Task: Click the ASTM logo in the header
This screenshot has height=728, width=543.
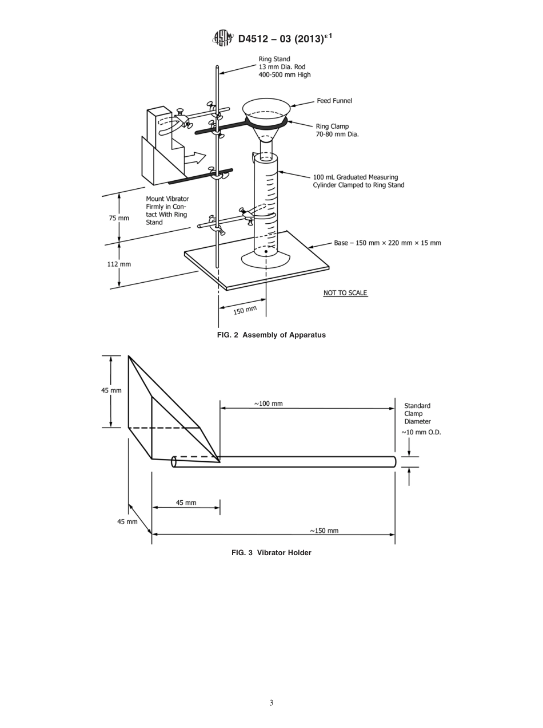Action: click(x=223, y=38)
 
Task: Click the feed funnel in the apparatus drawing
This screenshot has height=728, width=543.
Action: click(x=266, y=112)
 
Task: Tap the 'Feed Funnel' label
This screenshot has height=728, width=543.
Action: click(x=334, y=101)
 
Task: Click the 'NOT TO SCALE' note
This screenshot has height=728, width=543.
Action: click(x=345, y=293)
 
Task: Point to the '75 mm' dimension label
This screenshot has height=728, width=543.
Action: click(x=119, y=218)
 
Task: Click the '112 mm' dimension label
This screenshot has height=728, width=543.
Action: click(x=119, y=264)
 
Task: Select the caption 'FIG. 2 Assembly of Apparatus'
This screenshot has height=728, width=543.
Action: click(x=271, y=335)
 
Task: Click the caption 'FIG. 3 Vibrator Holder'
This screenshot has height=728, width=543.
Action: click(x=271, y=552)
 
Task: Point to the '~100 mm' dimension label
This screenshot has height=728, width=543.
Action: click(x=268, y=403)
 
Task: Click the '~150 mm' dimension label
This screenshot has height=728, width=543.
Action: click(x=324, y=531)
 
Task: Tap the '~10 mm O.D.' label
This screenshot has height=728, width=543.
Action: click(x=421, y=432)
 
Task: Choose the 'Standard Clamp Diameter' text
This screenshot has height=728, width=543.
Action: click(x=417, y=413)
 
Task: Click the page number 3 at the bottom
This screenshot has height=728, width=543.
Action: click(x=271, y=703)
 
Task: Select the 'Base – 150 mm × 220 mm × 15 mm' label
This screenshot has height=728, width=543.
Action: click(x=387, y=243)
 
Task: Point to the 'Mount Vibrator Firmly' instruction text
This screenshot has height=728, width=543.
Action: click(x=167, y=211)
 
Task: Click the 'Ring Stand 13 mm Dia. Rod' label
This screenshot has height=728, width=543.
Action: click(x=284, y=66)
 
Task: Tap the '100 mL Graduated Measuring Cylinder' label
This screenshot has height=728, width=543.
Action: click(x=358, y=181)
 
